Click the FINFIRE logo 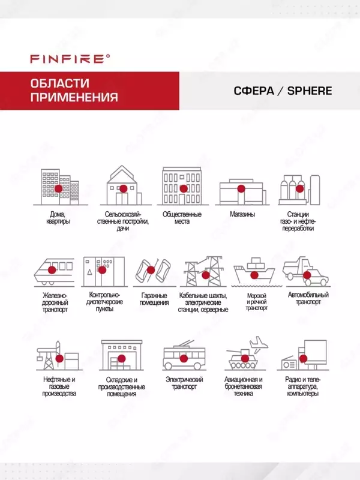click(70, 58)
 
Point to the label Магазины click(242, 214)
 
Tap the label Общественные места click(182, 218)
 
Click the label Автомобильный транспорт click(308, 299)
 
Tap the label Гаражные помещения click(154, 299)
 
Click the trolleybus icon click(184, 358)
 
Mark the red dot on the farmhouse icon click(123, 188)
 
